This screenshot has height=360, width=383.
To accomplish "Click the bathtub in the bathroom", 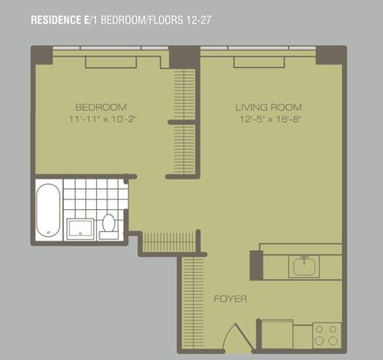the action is (x=48, y=210).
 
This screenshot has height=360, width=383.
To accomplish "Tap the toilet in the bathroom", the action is (x=109, y=227).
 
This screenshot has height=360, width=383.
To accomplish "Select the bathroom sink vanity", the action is (x=80, y=229).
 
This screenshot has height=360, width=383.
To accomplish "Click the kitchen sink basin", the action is (x=304, y=267).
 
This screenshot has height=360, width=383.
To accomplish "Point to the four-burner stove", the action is (x=326, y=336).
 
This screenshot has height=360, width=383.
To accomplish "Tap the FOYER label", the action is (x=230, y=299).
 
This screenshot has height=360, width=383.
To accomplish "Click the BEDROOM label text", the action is (x=101, y=107).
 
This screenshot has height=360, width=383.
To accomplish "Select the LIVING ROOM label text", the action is (x=269, y=107).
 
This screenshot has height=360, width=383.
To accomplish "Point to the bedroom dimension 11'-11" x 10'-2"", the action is (x=103, y=119).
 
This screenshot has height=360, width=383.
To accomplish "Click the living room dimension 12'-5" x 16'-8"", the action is (x=270, y=119).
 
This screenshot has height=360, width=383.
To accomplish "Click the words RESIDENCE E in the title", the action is (x=60, y=20).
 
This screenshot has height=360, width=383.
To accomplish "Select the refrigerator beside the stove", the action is (x=277, y=334).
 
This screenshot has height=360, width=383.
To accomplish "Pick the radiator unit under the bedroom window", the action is (x=111, y=62).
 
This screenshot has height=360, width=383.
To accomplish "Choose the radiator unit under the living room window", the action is (x=259, y=62).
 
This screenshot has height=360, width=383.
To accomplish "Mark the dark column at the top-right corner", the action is (x=331, y=55).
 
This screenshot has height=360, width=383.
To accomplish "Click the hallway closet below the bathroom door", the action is (x=169, y=242).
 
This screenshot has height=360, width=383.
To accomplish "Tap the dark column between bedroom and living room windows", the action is (x=184, y=58).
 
